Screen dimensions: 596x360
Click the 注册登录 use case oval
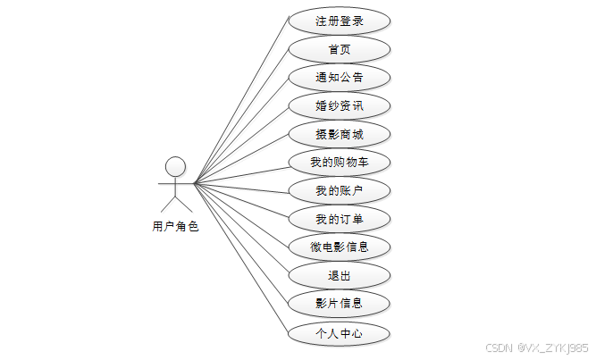tap(340, 21)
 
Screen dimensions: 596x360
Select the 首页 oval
tap(340, 49)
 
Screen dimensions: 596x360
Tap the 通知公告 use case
tap(340, 77)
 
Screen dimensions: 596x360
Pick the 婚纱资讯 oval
tap(340, 105)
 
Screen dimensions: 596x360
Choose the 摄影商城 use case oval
tap(340, 134)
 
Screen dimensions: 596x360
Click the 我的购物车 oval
tap(340, 163)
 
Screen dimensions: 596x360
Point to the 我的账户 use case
tap(340, 190)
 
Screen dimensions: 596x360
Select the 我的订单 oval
tap(340, 219)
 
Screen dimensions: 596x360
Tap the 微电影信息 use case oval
tap(340, 247)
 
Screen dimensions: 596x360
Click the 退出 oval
tap(340, 275)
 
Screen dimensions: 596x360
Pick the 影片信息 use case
tap(340, 304)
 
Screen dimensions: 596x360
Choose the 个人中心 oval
tap(340, 333)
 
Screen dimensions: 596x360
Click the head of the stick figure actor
tap(175, 166)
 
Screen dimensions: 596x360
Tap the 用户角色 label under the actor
tap(175, 227)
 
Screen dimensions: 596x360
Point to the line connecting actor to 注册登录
tap(241, 102)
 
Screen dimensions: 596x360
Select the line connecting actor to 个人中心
tap(241, 259)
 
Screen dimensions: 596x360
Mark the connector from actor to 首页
tap(241, 116)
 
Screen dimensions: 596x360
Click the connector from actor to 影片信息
tap(241, 244)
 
